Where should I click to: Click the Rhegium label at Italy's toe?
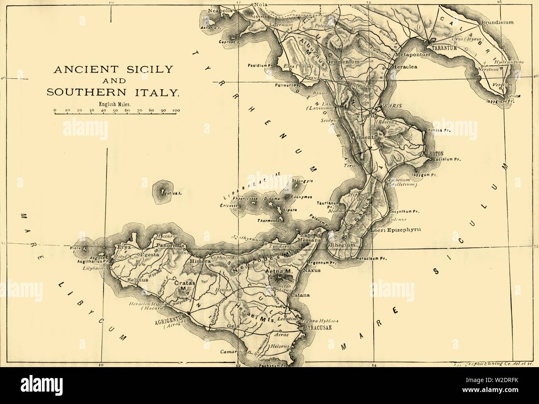(342, 245)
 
